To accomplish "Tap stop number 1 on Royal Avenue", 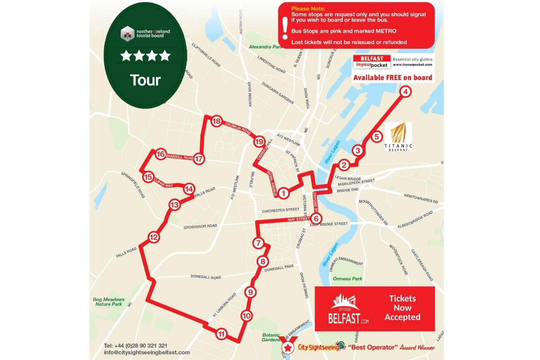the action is [284, 193].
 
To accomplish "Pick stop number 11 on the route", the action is [221, 334].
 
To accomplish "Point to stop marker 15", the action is [148, 177].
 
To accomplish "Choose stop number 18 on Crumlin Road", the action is [216, 121].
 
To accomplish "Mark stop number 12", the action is [154, 238].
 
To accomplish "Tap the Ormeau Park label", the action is [348, 279].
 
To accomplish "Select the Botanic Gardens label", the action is [271, 337].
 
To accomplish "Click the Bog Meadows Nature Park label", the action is [108, 302].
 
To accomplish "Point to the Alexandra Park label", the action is [266, 47].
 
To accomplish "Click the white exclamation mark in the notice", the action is [285, 28].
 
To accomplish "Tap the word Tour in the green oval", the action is [145, 80].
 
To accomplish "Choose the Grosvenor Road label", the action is [200, 226].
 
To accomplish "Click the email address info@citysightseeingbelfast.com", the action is [146, 352].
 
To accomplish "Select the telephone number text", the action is [136, 345].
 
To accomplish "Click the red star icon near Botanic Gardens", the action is [287, 347].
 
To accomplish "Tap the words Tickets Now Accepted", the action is [402, 308].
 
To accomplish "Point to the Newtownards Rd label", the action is [421, 198].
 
